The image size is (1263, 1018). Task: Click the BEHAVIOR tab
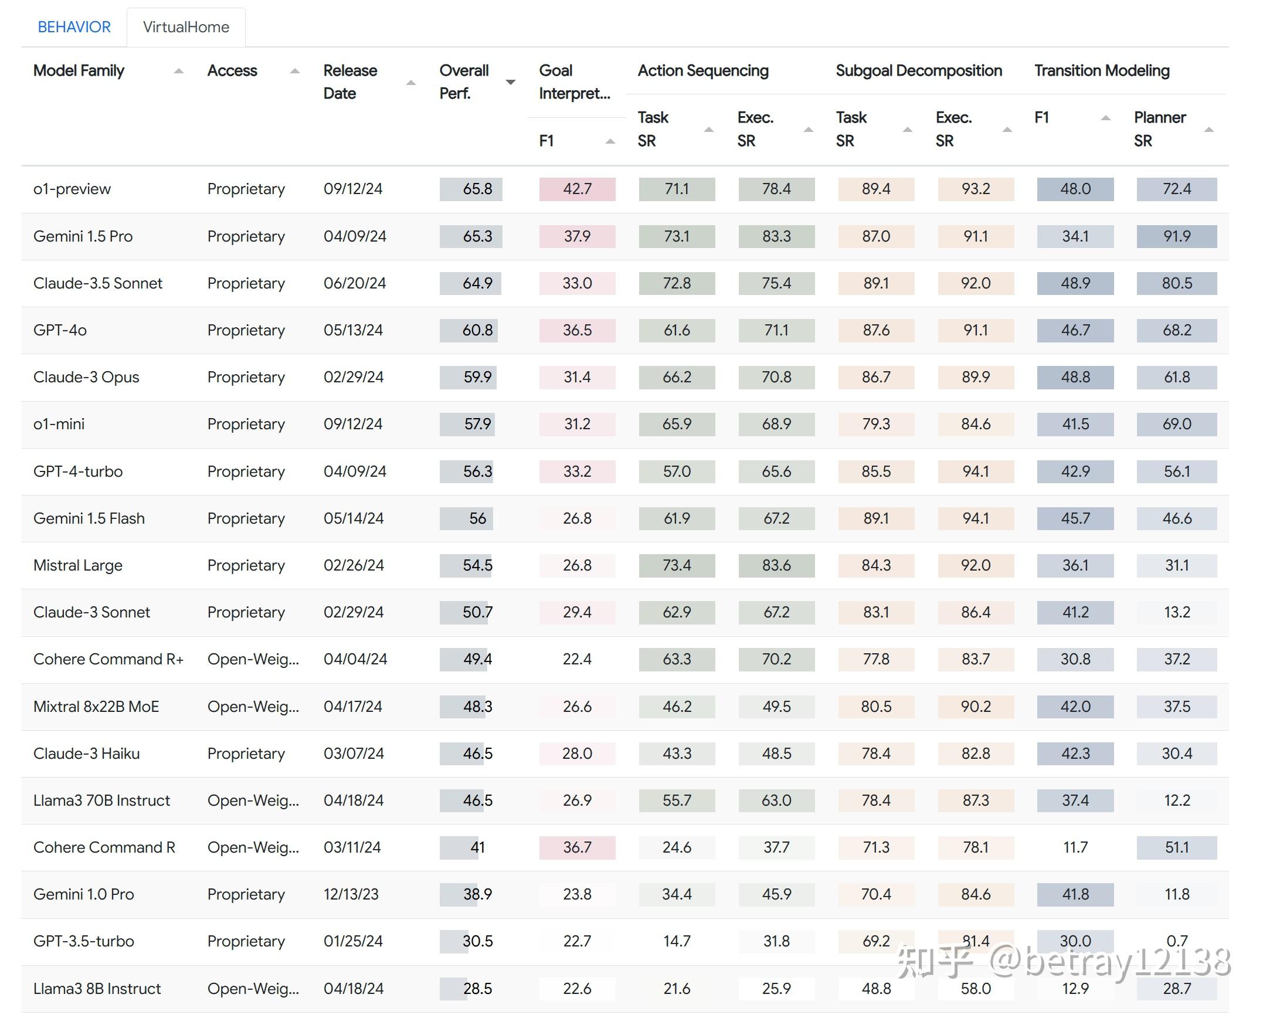click(x=74, y=27)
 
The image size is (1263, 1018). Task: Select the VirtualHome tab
click(x=186, y=27)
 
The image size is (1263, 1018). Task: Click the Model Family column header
click(x=79, y=70)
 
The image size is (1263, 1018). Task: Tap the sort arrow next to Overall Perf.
click(x=510, y=83)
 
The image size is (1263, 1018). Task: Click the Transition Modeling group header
click(x=1101, y=70)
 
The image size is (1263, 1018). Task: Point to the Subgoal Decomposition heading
click(x=918, y=70)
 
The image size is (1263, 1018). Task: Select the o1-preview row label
click(x=72, y=189)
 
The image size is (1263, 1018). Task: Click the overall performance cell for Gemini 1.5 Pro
click(x=477, y=236)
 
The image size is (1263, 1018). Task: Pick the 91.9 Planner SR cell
click(x=1176, y=236)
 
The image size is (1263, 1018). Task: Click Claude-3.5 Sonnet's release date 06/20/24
click(x=354, y=283)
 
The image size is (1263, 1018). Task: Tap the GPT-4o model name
click(x=60, y=330)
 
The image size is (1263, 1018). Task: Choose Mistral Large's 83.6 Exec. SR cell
click(x=776, y=565)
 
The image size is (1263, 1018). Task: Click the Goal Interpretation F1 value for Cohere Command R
click(x=577, y=847)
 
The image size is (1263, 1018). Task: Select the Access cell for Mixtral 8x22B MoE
click(x=253, y=707)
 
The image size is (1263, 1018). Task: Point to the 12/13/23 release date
click(x=351, y=894)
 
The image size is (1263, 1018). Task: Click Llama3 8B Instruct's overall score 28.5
click(x=477, y=989)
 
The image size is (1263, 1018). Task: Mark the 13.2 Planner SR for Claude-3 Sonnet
click(x=1176, y=612)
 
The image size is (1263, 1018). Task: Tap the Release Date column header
click(x=350, y=82)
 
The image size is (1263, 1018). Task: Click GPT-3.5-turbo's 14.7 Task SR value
click(x=676, y=941)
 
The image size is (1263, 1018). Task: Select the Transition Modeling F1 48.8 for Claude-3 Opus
click(x=1075, y=377)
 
